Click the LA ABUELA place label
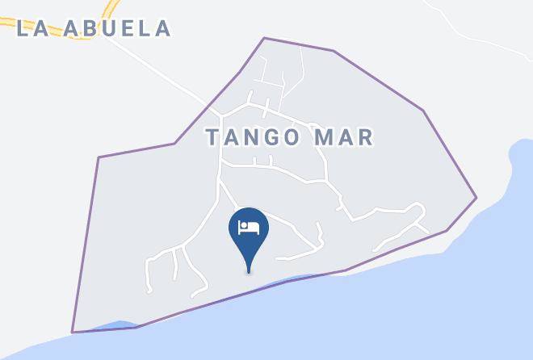(94, 28)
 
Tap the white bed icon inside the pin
(248, 227)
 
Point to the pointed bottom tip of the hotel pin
(248, 270)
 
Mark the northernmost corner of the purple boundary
(264, 38)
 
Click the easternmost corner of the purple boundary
(476, 197)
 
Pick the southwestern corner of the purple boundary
(73, 332)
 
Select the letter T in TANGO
(212, 137)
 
